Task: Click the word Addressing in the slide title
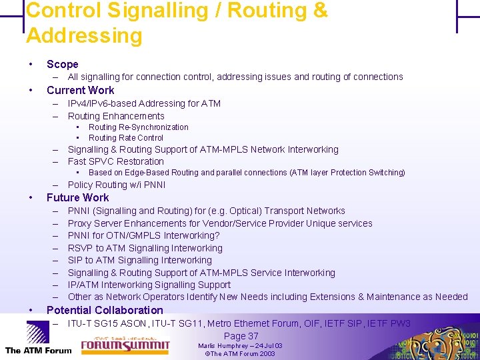(84, 35)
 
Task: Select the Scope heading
(63, 65)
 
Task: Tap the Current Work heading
(80, 90)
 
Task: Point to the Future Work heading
(77, 197)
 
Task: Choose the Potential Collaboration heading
(105, 310)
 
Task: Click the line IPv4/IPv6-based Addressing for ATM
(144, 103)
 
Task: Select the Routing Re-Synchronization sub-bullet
(139, 127)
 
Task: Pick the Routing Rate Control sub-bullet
(126, 138)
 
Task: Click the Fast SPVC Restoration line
(116, 161)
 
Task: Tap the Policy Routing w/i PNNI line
(117, 185)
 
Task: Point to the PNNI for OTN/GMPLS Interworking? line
(143, 235)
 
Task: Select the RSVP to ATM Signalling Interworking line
(145, 248)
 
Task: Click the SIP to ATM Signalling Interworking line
(140, 260)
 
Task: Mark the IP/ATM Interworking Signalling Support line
(149, 285)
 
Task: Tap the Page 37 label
(241, 336)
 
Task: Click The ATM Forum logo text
(38, 350)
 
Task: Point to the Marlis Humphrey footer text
(240, 346)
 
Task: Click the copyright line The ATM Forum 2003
(240, 354)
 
